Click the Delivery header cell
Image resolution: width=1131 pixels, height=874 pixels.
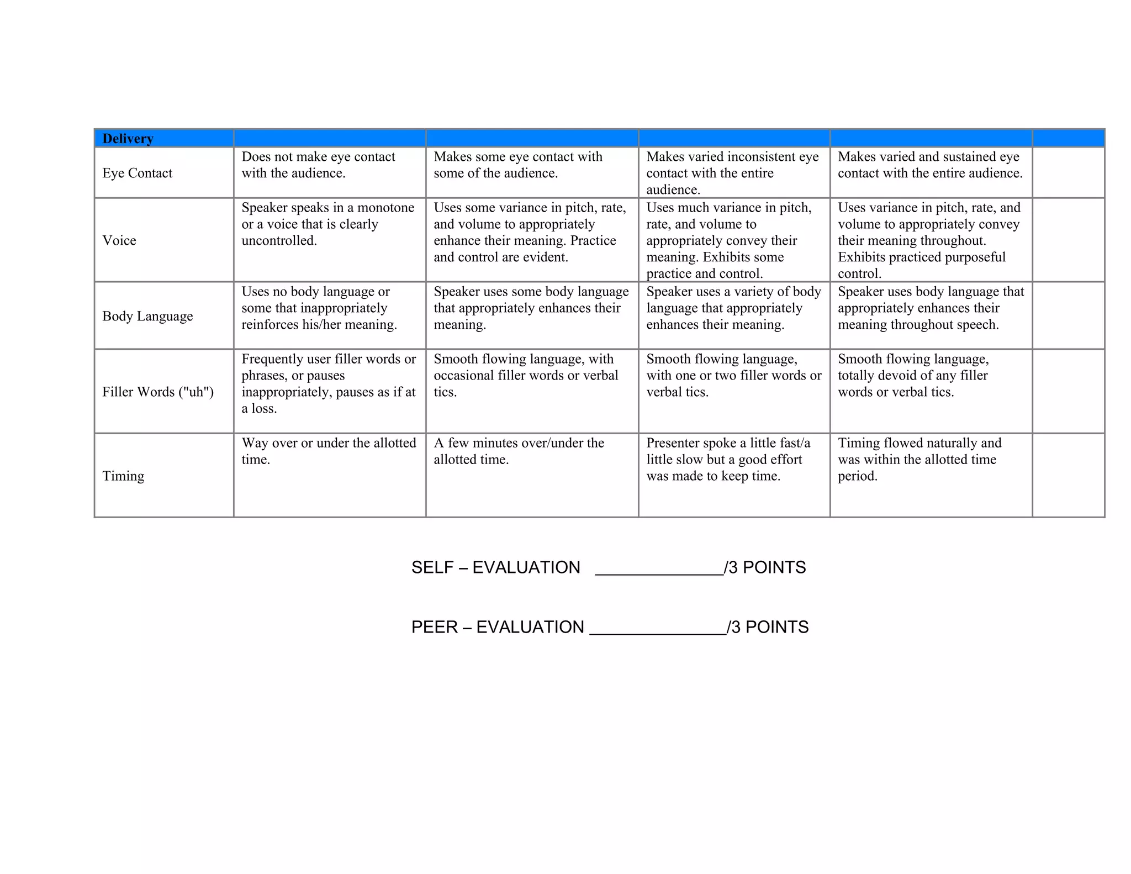(128, 138)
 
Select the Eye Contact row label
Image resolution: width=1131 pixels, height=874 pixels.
(137, 173)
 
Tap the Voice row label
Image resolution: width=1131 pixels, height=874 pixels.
(119, 240)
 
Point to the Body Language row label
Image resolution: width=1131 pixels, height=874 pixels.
(147, 316)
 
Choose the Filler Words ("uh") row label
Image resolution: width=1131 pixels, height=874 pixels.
(157, 392)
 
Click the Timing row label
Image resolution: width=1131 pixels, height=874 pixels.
(123, 476)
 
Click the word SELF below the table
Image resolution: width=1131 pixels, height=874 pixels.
(432, 567)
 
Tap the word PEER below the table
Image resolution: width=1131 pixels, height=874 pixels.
(435, 627)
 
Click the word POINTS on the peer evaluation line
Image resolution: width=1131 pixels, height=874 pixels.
(777, 627)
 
